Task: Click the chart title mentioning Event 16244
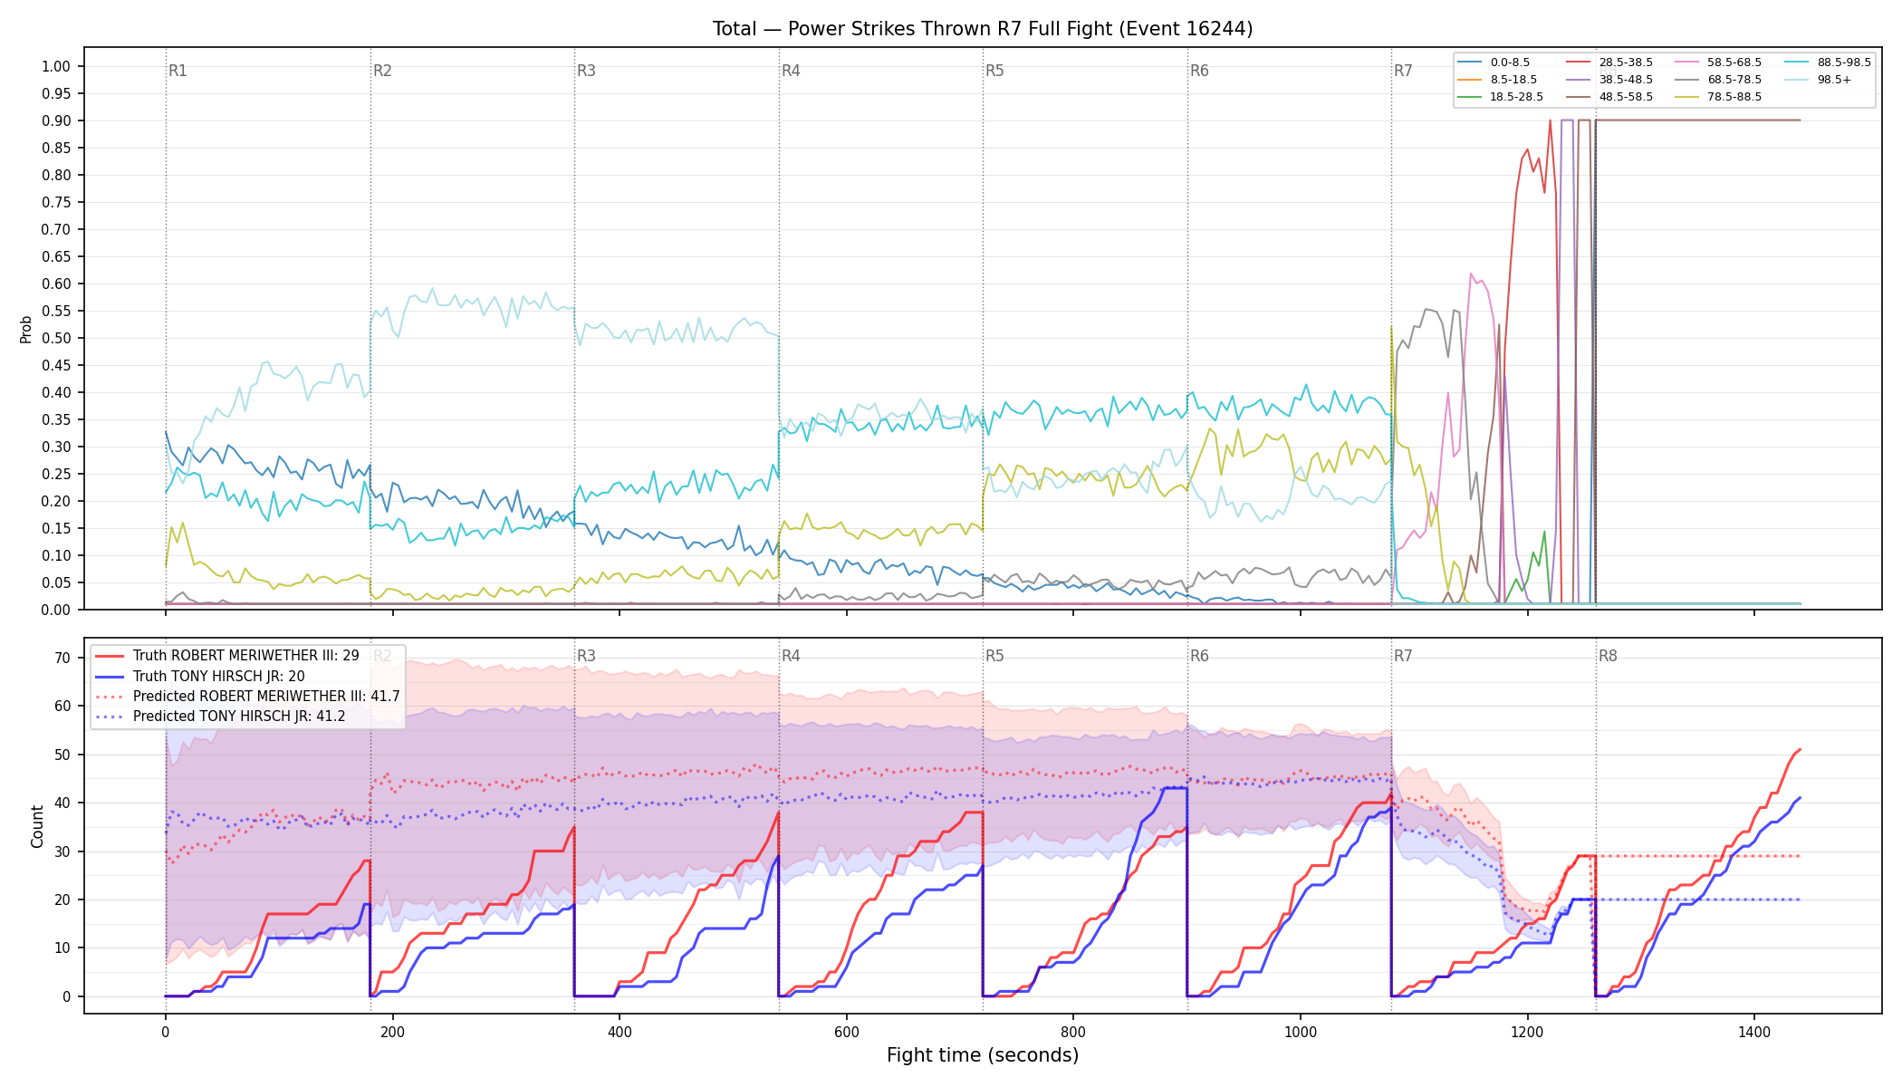(x=983, y=29)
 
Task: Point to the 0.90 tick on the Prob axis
(x=56, y=120)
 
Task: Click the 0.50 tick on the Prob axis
(x=56, y=338)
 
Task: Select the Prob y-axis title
(x=25, y=329)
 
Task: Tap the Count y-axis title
(x=37, y=826)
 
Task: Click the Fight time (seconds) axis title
(x=983, y=1055)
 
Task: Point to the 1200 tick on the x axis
(x=1527, y=1032)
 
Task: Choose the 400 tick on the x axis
(x=620, y=1032)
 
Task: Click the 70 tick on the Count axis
(x=62, y=659)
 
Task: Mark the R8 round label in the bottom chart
(x=1608, y=656)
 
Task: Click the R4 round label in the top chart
(x=791, y=71)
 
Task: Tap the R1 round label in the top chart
(x=178, y=71)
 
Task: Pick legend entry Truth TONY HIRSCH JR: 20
(x=199, y=676)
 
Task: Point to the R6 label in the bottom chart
(x=1199, y=656)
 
